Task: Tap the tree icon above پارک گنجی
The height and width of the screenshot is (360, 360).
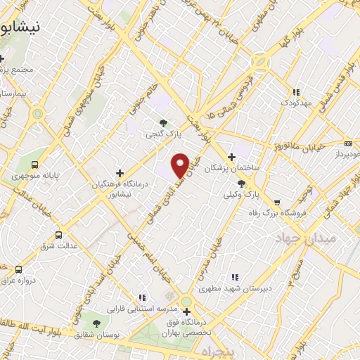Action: click(164, 122)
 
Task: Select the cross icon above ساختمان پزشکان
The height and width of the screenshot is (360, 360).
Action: click(231, 157)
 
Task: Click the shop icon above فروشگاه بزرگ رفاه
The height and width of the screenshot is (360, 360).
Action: click(276, 201)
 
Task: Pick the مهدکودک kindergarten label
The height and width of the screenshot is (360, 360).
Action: click(298, 103)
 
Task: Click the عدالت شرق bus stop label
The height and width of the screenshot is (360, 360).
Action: click(61, 246)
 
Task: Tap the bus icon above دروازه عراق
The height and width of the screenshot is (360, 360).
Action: click(18, 269)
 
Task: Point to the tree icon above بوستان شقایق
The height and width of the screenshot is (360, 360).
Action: click(96, 323)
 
